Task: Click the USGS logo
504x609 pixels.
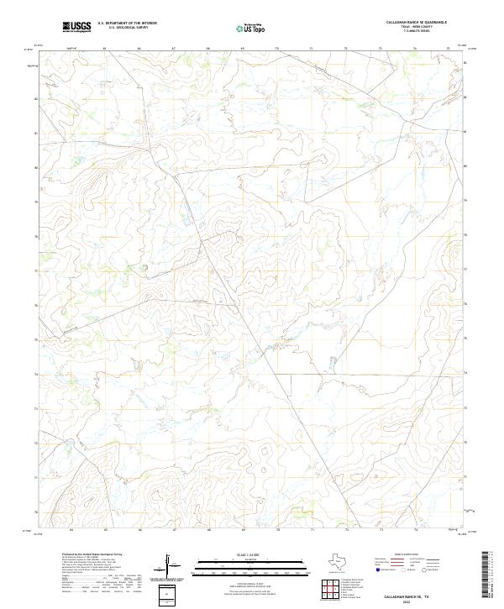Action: click(x=76, y=27)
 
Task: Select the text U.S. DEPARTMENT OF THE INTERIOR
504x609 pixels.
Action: click(x=128, y=24)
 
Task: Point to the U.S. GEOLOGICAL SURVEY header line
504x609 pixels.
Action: click(x=128, y=28)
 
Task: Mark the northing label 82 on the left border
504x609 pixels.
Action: click(x=36, y=99)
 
